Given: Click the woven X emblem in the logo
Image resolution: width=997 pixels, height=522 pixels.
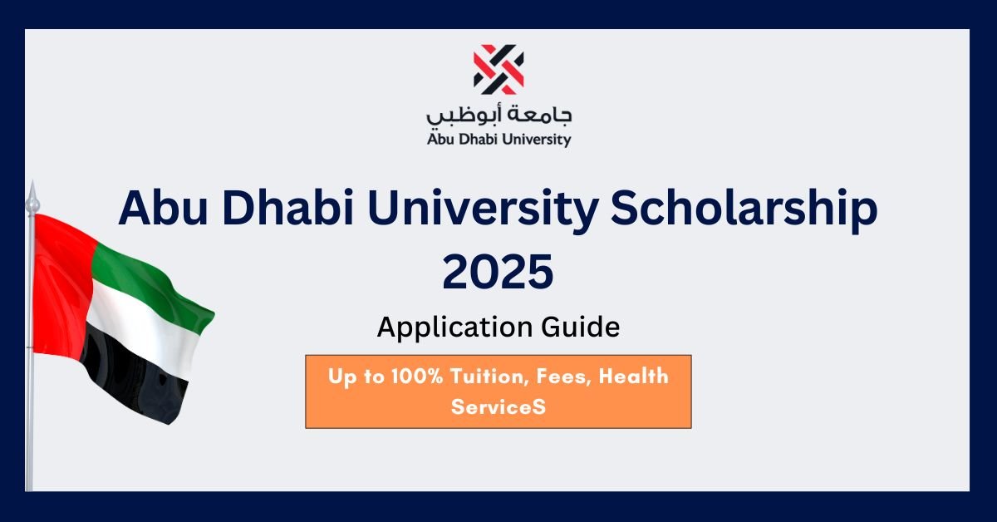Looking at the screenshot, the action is pyautogui.click(x=498, y=69).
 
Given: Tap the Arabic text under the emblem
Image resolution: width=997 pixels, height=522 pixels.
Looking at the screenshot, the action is pyautogui.click(x=499, y=116).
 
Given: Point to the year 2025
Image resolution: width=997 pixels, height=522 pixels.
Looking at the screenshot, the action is pyautogui.click(x=498, y=271).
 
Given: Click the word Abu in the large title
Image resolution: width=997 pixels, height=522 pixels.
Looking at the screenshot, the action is pyautogui.click(x=164, y=208).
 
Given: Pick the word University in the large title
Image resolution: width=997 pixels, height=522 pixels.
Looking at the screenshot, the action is pyautogui.click(x=483, y=210).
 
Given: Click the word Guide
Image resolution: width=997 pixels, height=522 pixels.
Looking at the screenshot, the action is pyautogui.click(x=581, y=327).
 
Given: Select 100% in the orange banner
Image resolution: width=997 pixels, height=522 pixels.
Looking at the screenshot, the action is pyautogui.click(x=417, y=377).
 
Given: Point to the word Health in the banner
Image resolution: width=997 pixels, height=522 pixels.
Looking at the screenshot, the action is pyautogui.click(x=633, y=377).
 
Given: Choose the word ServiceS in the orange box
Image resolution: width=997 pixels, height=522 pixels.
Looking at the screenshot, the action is pyautogui.click(x=498, y=407).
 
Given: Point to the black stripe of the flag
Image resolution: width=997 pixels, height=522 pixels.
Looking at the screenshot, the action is pyautogui.click(x=134, y=378).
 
